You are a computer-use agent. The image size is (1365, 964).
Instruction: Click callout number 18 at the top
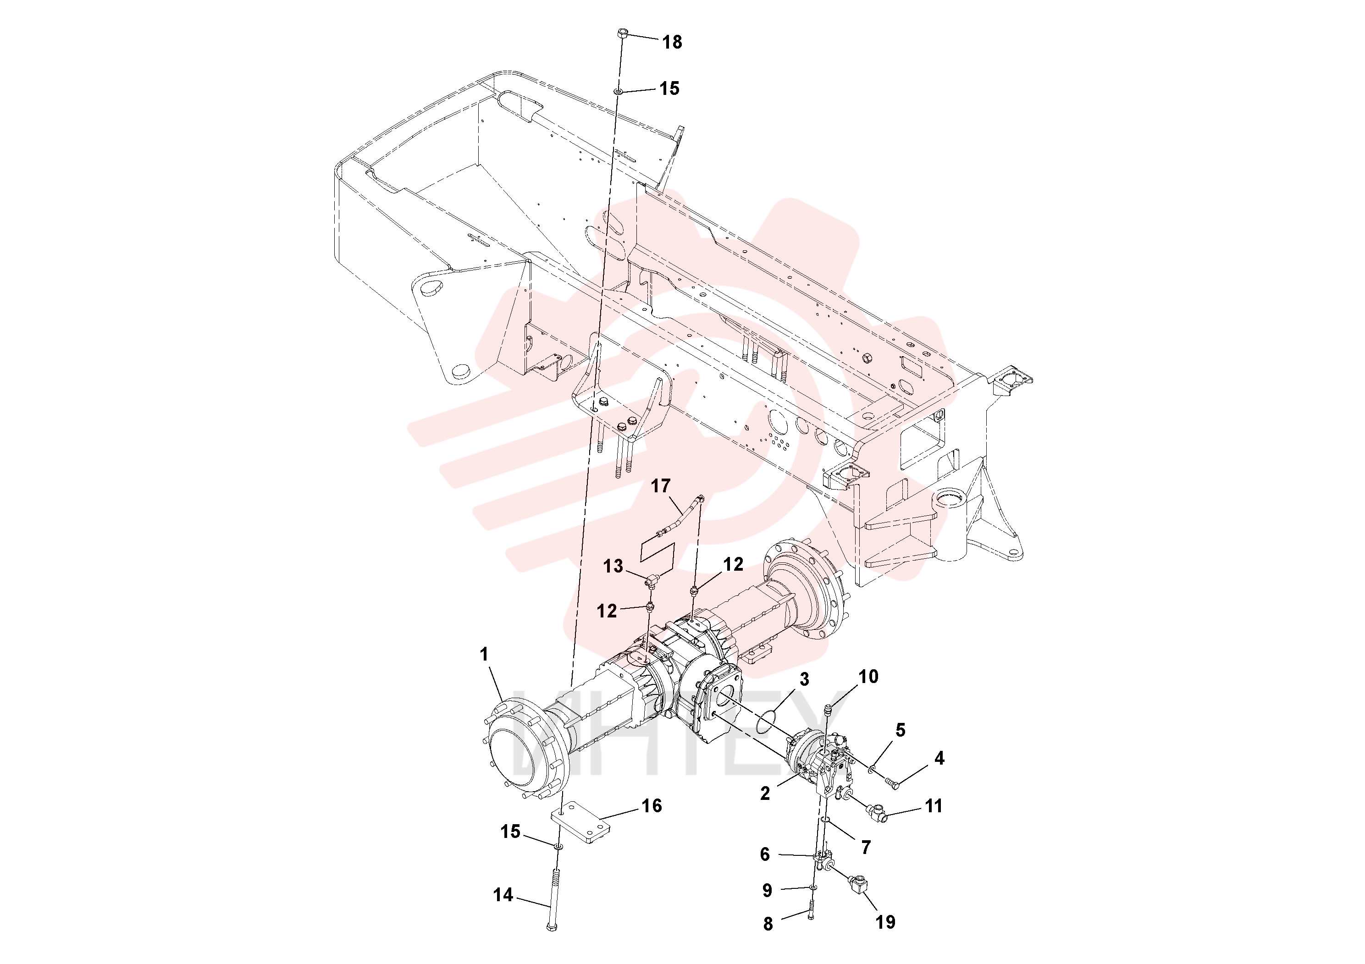coord(672,42)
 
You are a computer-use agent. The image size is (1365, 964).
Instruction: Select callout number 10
coord(868,676)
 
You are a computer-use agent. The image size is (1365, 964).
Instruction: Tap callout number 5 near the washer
coord(901,730)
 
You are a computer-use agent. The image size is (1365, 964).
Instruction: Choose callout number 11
coord(934,806)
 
